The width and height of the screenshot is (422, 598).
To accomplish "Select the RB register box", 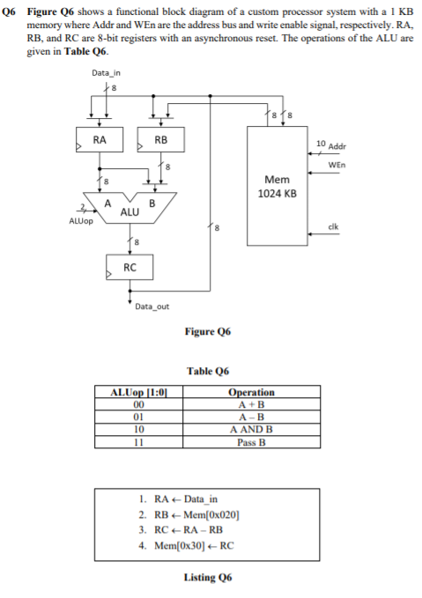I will pyautogui.click(x=160, y=140).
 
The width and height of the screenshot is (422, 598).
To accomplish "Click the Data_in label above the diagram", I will pyautogui.click(x=107, y=72).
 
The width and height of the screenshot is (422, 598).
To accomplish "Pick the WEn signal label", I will pyautogui.click(x=336, y=165).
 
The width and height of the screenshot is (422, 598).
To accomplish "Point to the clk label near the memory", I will pyautogui.click(x=333, y=226).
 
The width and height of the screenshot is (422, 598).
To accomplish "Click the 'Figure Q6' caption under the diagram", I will pyautogui.click(x=209, y=332).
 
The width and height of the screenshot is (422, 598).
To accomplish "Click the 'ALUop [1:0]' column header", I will pyautogui.click(x=137, y=392).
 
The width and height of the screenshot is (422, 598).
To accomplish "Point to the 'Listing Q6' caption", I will pyautogui.click(x=208, y=577).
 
